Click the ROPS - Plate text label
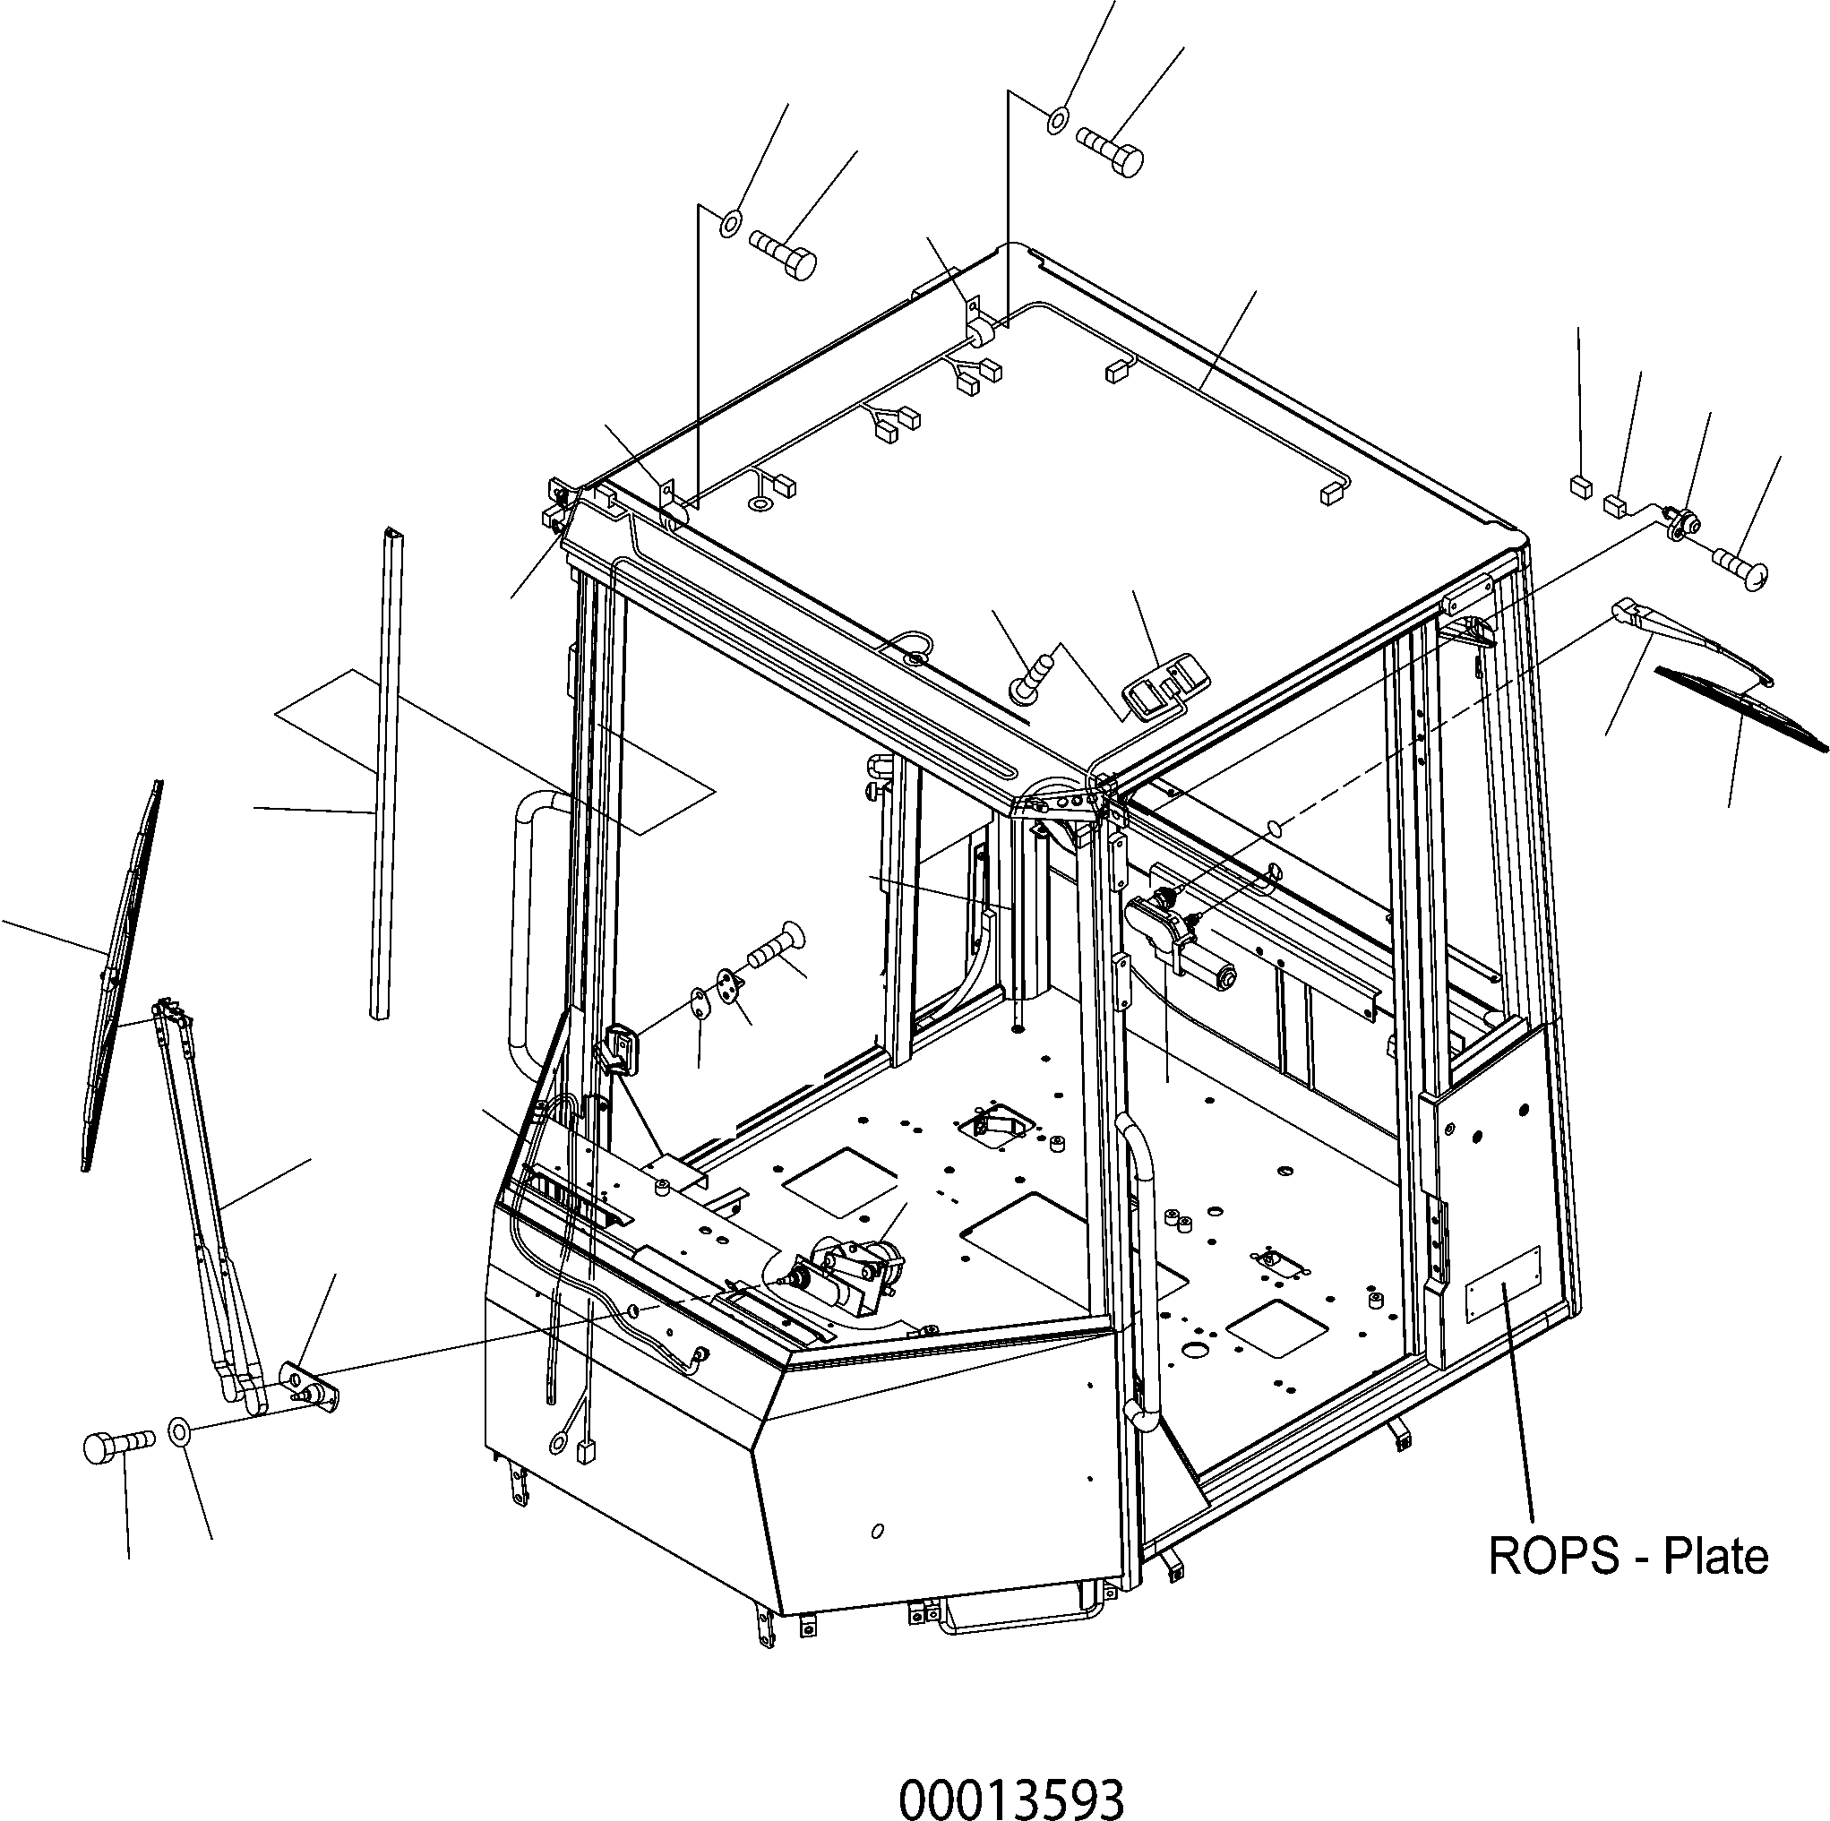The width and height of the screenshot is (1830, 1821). coord(1628,1556)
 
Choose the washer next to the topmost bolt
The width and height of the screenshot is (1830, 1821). coord(1058,121)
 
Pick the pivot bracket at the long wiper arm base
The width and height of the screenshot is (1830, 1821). coord(309,1390)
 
